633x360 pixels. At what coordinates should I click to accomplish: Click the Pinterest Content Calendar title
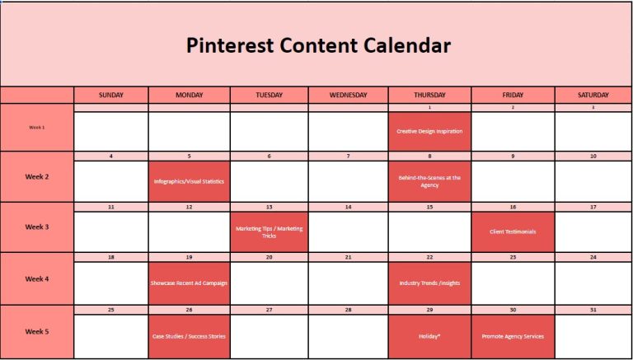tap(318, 45)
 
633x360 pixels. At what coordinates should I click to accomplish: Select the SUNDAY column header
tap(111, 95)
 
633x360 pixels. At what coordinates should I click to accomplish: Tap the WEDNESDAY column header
tap(348, 95)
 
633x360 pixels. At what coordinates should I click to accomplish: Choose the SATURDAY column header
tap(593, 95)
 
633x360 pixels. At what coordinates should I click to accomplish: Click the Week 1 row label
tap(37, 128)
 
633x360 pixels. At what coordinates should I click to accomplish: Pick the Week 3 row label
tap(37, 227)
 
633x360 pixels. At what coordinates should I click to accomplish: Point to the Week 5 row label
tap(37, 332)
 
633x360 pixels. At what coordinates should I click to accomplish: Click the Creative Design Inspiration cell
tap(429, 131)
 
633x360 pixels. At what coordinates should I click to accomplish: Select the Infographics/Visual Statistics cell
tap(189, 181)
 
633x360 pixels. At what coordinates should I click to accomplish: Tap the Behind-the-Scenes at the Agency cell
tap(429, 181)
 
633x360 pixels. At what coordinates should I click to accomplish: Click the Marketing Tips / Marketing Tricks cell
tap(269, 231)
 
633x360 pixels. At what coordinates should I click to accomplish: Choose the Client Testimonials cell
tap(513, 231)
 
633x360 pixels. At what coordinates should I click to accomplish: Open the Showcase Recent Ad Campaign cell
tap(189, 283)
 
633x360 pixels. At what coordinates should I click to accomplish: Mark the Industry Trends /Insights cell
tap(429, 283)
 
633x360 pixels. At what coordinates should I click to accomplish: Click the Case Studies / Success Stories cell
tap(189, 336)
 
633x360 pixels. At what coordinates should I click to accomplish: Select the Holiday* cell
tap(429, 336)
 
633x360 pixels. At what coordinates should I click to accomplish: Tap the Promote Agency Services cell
tap(513, 336)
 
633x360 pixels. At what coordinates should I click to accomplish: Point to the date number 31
tap(593, 310)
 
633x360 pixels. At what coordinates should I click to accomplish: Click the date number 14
tap(348, 207)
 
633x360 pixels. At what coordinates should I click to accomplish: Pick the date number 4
tap(111, 156)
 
